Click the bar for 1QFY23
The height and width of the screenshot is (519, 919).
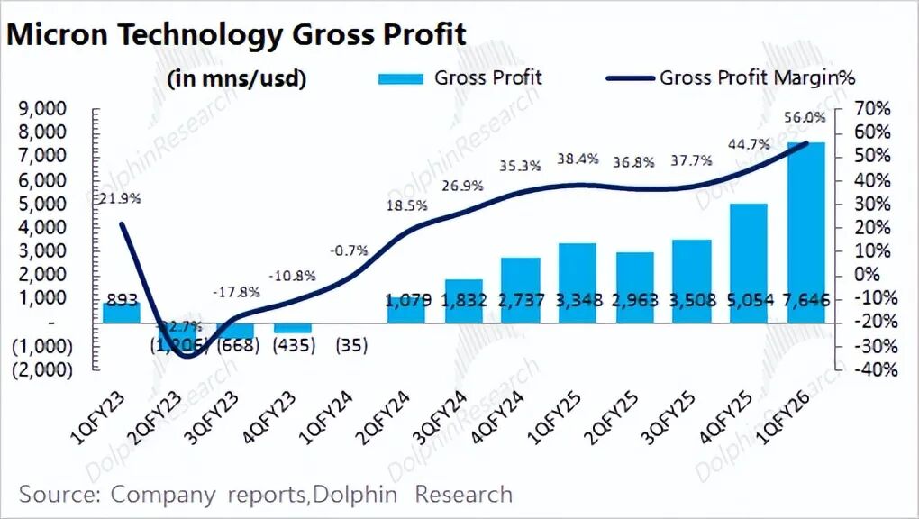[121, 311]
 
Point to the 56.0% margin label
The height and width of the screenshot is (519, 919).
[805, 117]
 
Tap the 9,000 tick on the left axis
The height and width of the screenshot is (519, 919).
[43, 109]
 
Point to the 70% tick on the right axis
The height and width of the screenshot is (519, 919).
[872, 109]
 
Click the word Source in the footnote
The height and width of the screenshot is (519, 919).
[56, 495]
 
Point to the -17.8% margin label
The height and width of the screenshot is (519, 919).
[236, 292]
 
